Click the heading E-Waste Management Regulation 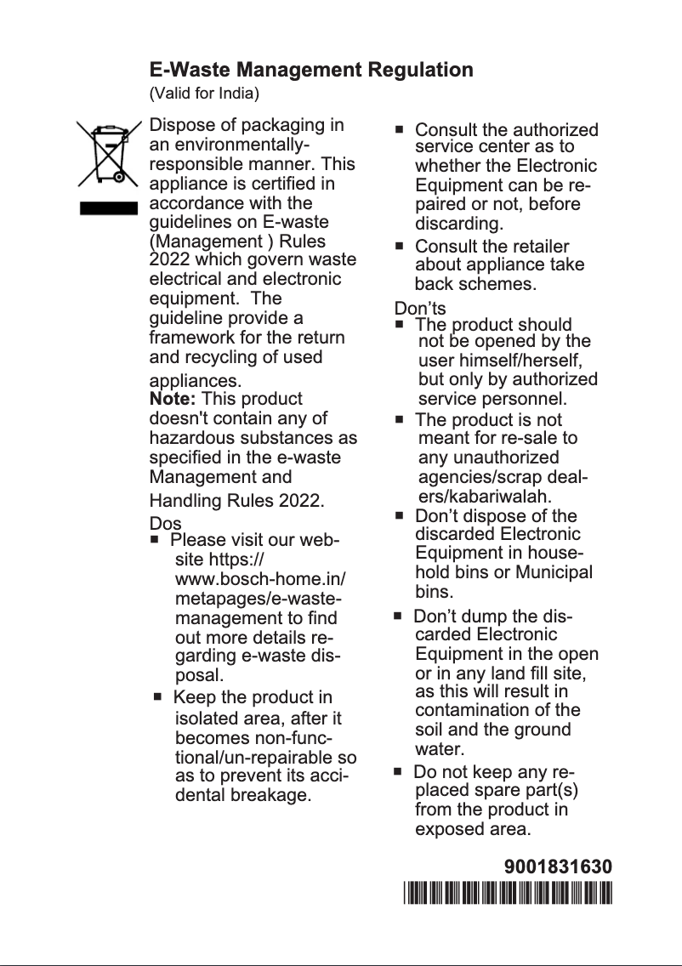[x=311, y=69]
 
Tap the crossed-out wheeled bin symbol [x=108, y=154]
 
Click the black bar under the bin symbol [x=108, y=208]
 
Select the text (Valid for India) [x=204, y=92]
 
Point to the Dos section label [x=165, y=524]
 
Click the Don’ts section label [x=419, y=308]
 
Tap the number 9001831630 [x=558, y=867]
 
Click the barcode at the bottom [x=508, y=893]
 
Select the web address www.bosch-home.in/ [x=259, y=580]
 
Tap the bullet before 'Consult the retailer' [x=400, y=246]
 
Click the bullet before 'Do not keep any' [x=397, y=772]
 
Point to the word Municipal [x=552, y=571]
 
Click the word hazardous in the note [x=189, y=438]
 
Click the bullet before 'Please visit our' [x=156, y=540]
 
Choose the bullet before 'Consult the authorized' [x=400, y=130]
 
